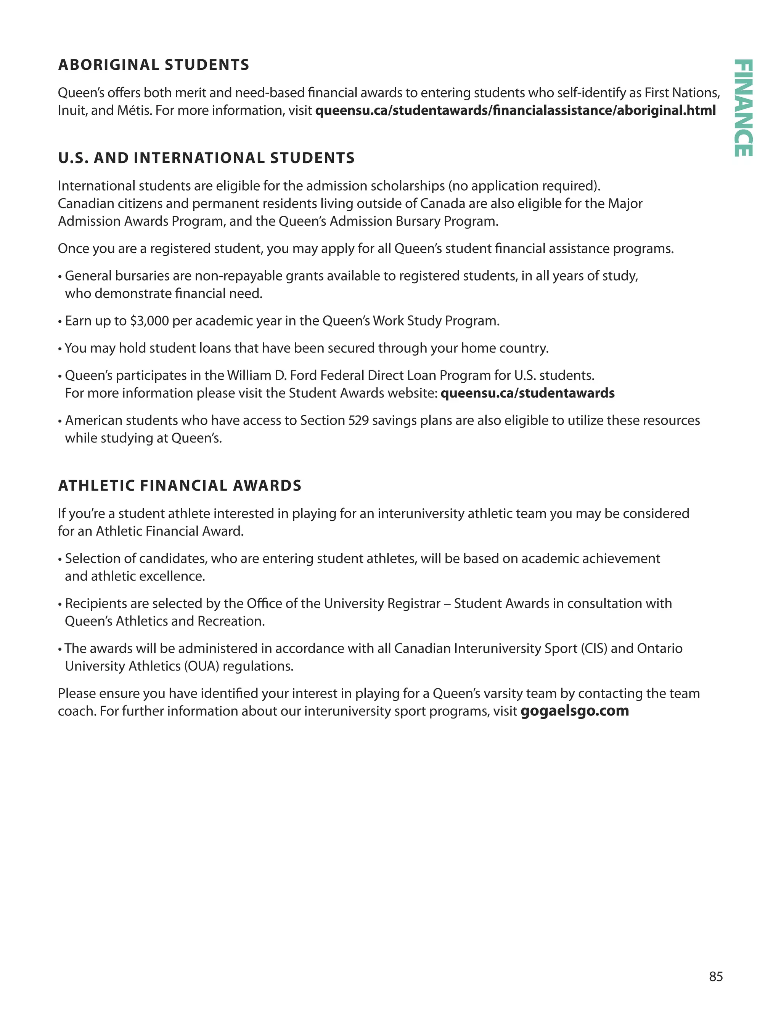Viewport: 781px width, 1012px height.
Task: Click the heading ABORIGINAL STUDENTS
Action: pyautogui.click(x=153, y=65)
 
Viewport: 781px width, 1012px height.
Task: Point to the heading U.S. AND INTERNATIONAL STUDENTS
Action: pyautogui.click(x=206, y=158)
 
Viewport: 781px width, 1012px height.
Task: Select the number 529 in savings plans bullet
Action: pyautogui.click(x=359, y=420)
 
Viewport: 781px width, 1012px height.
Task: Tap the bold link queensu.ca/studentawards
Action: pyautogui.click(x=527, y=393)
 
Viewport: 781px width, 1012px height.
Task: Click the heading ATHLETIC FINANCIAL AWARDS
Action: pyautogui.click(x=180, y=486)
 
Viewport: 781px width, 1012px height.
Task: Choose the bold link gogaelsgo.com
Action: pyautogui.click(x=575, y=711)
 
